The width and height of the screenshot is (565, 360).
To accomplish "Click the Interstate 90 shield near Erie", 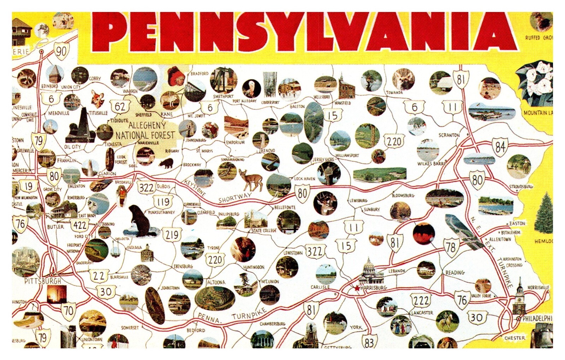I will click(61, 52).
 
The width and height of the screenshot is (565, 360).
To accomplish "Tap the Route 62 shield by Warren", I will click(120, 106).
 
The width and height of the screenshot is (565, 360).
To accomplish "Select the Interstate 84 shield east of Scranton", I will click(500, 146).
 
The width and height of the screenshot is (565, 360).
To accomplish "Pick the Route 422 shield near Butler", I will click(80, 225).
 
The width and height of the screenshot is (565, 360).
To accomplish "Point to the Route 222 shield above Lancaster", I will click(421, 300).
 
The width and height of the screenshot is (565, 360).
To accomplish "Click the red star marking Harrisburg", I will click(357, 288).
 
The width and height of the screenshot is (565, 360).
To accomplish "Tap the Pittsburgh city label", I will click(43, 281).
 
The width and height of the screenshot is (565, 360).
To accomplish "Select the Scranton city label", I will click(449, 135).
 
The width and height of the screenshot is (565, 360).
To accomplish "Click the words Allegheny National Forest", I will click(145, 130).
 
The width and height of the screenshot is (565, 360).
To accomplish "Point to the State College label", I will click(264, 231).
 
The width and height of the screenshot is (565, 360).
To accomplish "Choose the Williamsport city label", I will click(347, 155).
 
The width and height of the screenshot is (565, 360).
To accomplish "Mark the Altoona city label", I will click(216, 282).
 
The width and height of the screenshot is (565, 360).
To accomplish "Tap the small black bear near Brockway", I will click(166, 163).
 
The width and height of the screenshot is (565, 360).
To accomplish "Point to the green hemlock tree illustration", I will click(544, 213).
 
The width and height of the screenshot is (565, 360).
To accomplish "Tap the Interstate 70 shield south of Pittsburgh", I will click(68, 310).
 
